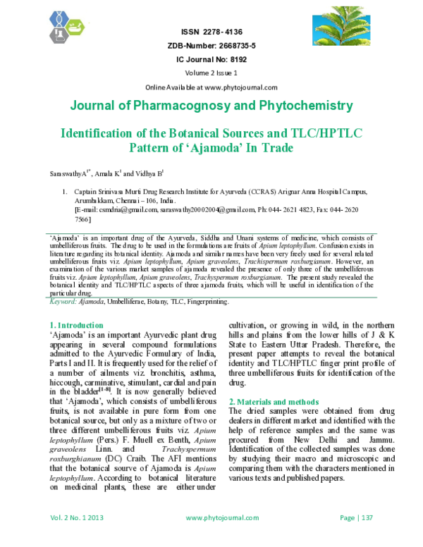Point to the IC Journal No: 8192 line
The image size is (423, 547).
(x=211, y=60)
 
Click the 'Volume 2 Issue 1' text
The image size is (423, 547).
(x=211, y=73)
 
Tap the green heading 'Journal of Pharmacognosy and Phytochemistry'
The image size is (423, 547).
(x=211, y=106)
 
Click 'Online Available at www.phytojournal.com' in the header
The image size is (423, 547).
(x=211, y=87)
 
